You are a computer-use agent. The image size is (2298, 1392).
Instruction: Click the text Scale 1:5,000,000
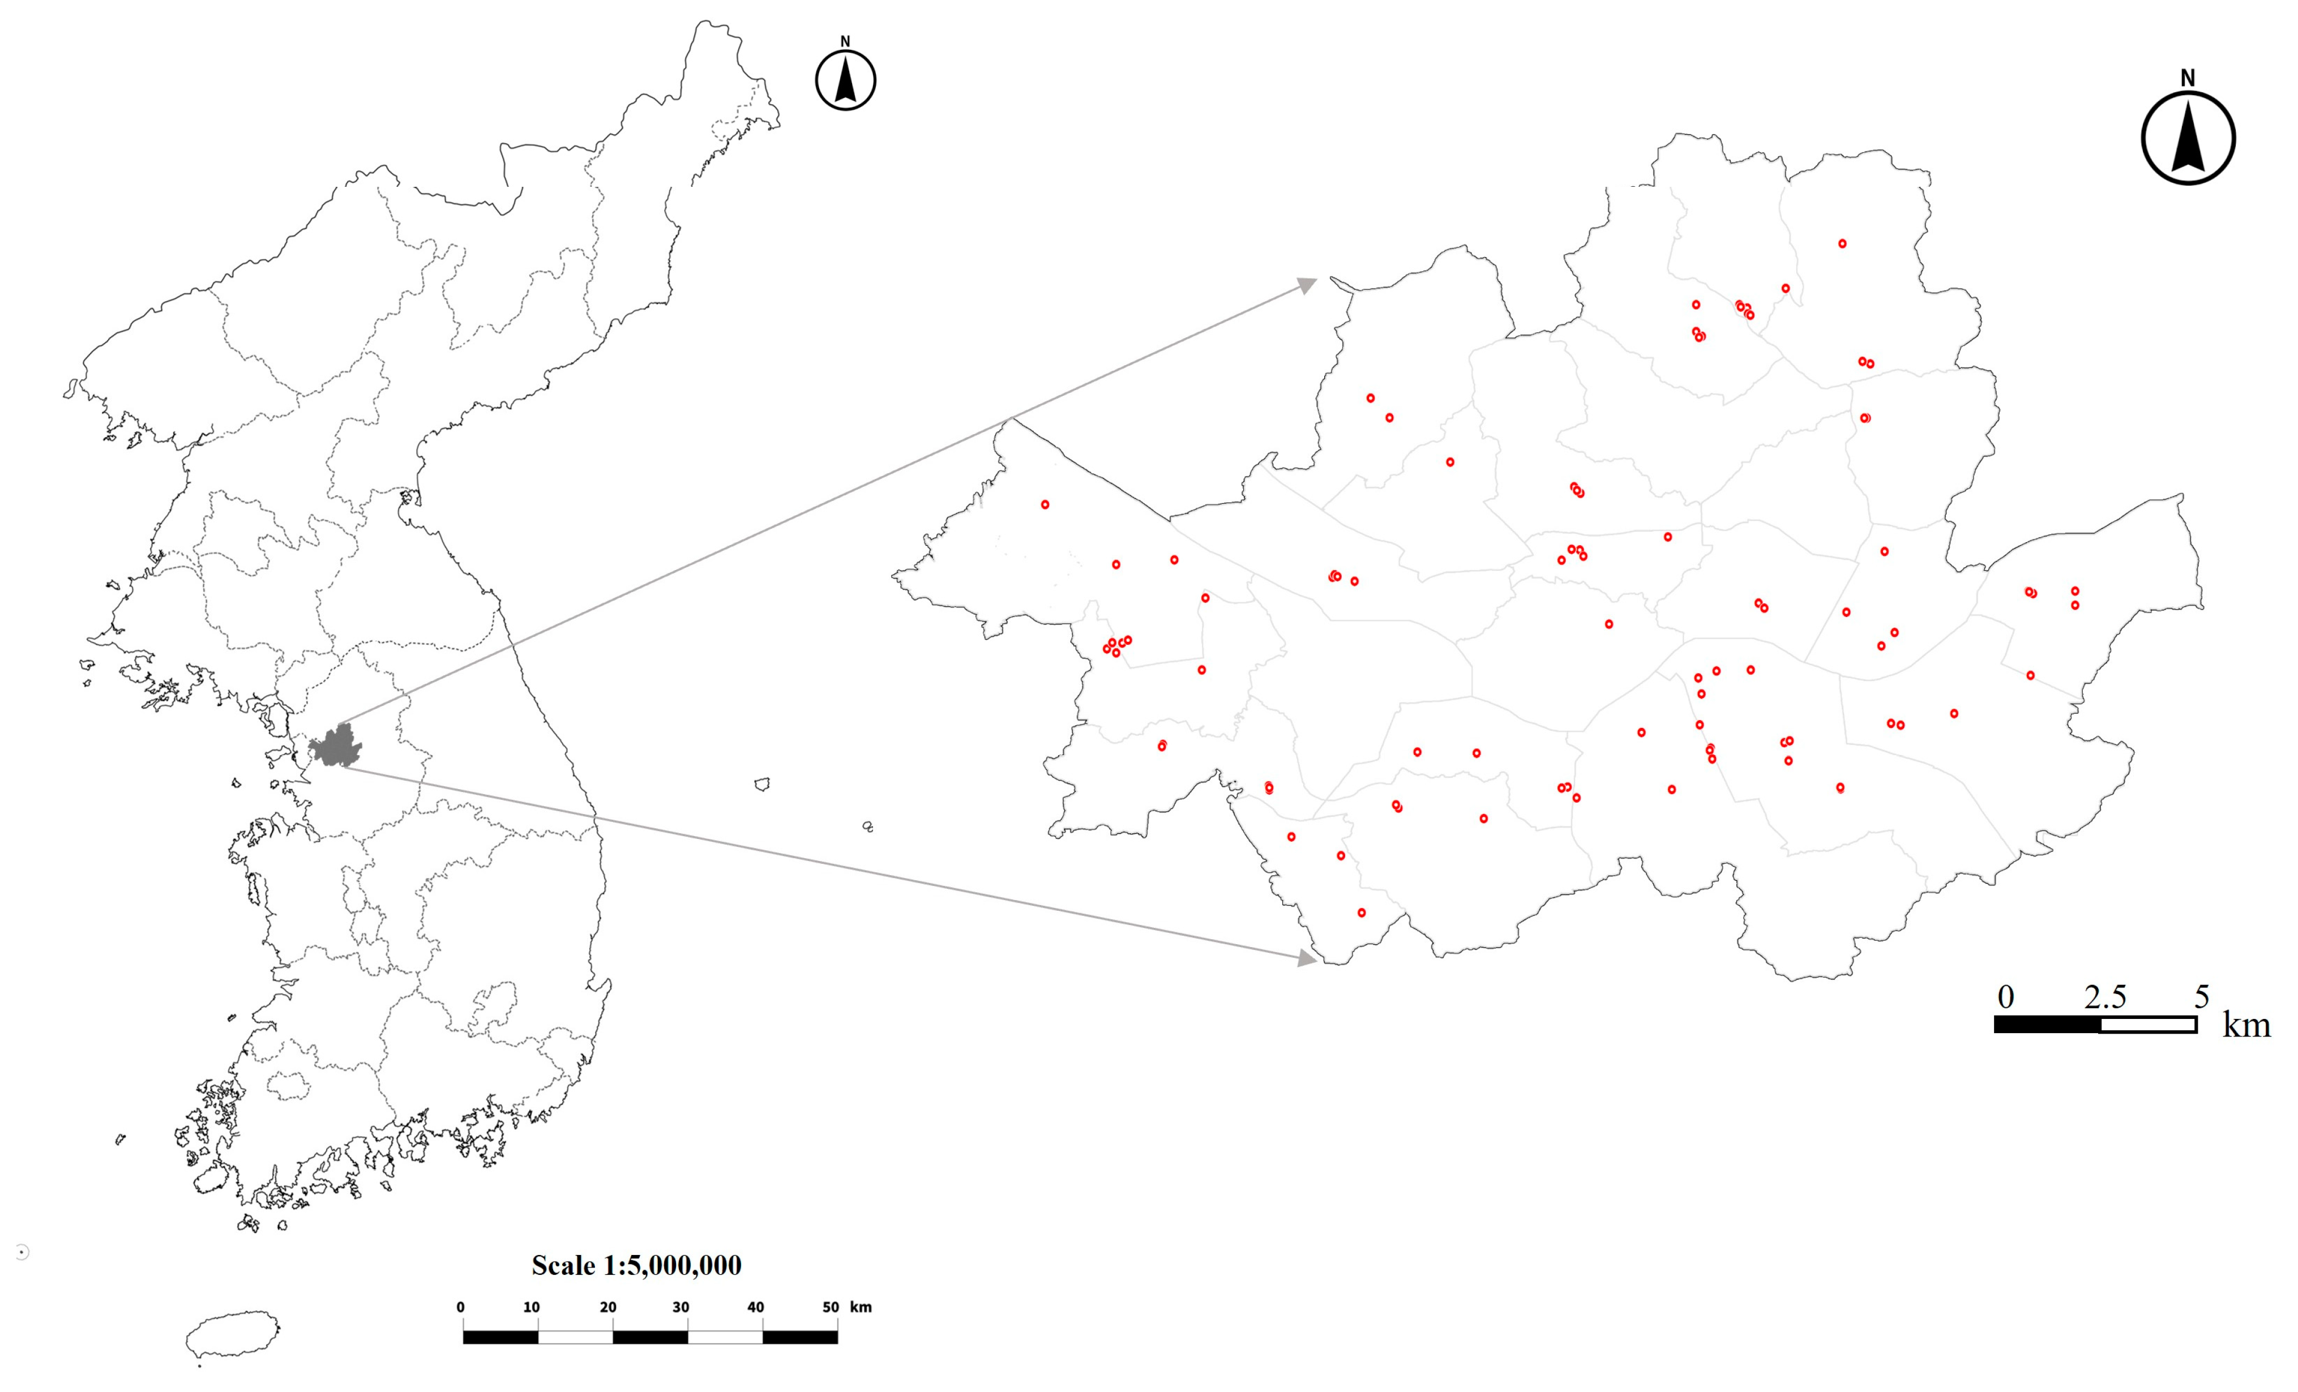click(636, 1265)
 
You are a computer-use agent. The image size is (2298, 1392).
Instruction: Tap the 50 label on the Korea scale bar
click(830, 1307)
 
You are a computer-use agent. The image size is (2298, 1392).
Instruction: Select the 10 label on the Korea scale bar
click(530, 1307)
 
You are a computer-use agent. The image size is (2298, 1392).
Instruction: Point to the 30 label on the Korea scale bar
click(681, 1307)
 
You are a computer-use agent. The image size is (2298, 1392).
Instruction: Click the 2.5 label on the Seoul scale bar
click(2105, 997)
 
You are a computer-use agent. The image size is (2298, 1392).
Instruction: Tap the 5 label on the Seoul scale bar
click(2201, 997)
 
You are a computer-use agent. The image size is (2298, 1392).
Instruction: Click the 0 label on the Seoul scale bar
click(2005, 997)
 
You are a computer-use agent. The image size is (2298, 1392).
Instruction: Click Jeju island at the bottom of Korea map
click(232, 1335)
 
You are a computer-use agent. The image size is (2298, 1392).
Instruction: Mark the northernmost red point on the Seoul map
click(1842, 243)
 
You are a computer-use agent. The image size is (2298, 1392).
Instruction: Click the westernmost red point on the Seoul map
click(1046, 504)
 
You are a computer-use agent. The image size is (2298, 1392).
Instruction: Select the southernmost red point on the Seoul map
click(1362, 913)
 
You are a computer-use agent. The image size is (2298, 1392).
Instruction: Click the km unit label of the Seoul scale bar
click(2246, 1026)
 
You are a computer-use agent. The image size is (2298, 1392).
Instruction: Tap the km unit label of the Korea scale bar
click(861, 1307)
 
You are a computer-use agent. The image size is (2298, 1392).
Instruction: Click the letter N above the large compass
click(2188, 78)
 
